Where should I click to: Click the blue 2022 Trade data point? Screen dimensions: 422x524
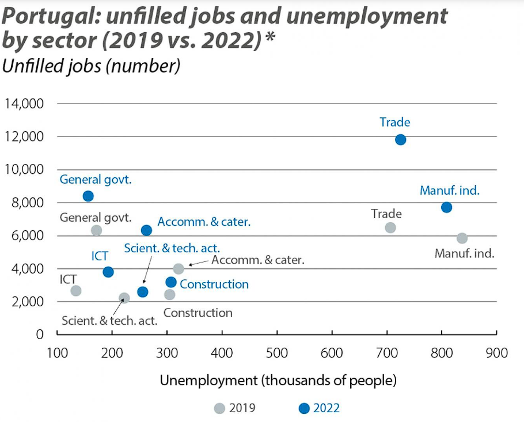click(400, 139)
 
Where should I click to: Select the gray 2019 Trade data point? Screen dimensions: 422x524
click(390, 227)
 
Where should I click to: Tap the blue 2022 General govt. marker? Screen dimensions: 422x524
click(88, 196)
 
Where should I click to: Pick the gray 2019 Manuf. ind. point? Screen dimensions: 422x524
click(462, 238)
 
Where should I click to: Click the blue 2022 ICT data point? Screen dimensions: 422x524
click(108, 272)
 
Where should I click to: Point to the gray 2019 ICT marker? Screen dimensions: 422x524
click(76, 291)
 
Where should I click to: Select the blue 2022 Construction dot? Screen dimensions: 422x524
click(171, 282)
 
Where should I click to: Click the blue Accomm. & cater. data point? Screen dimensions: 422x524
click(146, 230)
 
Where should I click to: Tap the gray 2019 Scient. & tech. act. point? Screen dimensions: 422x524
click(124, 298)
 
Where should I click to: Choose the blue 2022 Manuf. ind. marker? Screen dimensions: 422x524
click(446, 207)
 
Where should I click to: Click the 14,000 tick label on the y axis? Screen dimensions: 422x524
click(24, 104)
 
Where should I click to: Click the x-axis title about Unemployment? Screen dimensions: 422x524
click(278, 381)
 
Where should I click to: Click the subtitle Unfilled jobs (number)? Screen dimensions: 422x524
click(92, 66)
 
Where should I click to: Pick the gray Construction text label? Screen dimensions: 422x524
click(198, 313)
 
